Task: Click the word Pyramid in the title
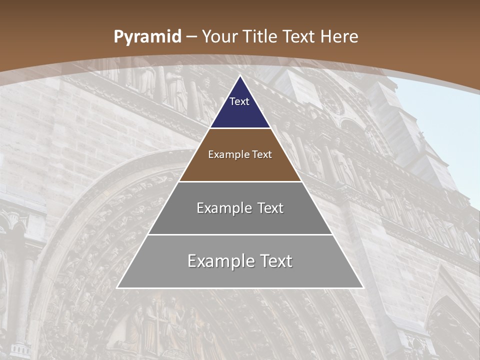[x=147, y=37]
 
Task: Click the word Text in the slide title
[x=298, y=37]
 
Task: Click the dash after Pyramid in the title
[x=191, y=37]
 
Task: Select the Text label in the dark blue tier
[x=239, y=101]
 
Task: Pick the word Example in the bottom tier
[x=219, y=261]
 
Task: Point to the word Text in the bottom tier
[x=274, y=261]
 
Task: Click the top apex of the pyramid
[x=240, y=76]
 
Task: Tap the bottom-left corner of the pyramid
[x=117, y=287]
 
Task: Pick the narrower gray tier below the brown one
[x=240, y=223]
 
